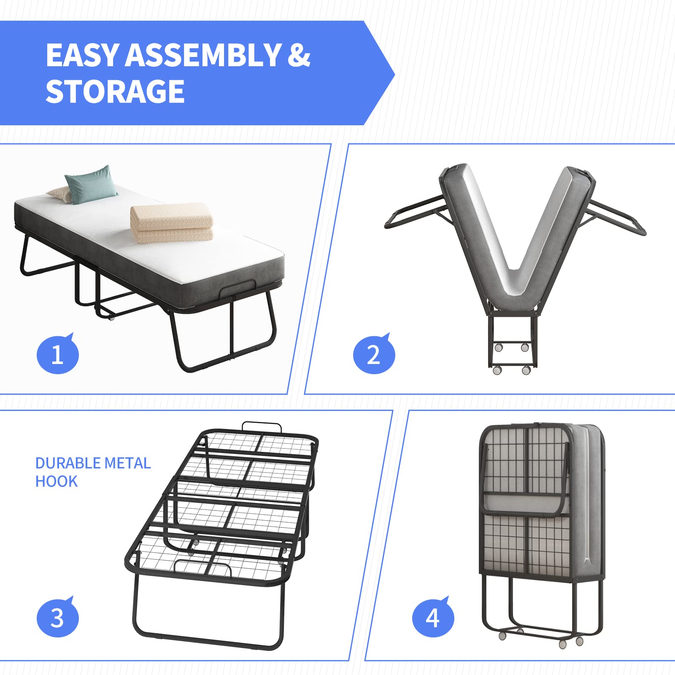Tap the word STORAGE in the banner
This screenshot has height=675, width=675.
click(115, 92)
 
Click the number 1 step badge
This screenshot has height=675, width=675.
click(57, 354)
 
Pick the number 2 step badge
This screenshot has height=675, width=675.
click(373, 354)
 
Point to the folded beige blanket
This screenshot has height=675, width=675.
click(172, 224)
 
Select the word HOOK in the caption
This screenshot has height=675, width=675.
click(56, 481)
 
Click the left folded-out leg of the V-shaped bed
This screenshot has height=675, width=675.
click(411, 213)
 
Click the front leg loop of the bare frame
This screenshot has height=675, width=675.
click(207, 641)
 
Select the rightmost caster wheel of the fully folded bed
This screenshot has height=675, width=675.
click(579, 641)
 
